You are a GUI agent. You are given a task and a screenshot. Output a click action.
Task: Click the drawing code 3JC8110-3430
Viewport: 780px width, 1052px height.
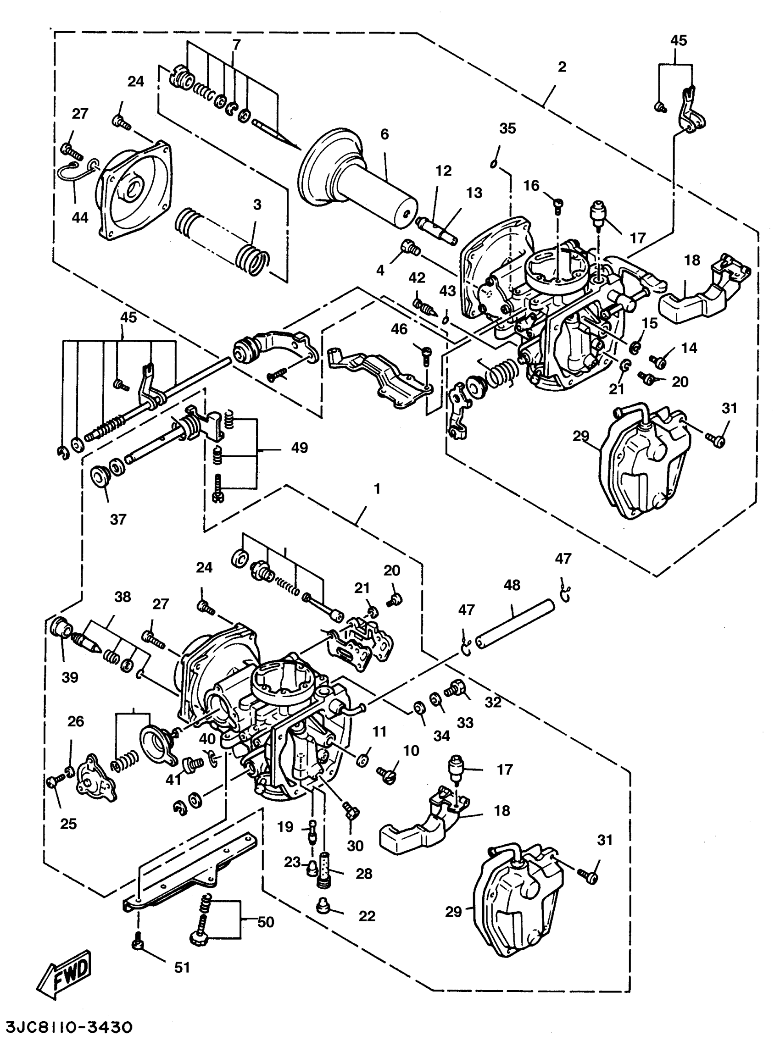click(x=69, y=1027)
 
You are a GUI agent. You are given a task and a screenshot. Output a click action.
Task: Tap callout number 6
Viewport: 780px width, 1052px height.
click(x=385, y=134)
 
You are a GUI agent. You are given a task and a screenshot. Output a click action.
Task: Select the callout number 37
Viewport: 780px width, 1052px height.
click(x=118, y=520)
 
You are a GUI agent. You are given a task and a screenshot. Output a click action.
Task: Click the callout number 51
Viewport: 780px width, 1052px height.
click(x=182, y=968)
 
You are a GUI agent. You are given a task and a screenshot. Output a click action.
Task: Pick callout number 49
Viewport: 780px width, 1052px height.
click(x=299, y=448)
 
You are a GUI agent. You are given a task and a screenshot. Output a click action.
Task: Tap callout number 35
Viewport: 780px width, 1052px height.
click(x=507, y=128)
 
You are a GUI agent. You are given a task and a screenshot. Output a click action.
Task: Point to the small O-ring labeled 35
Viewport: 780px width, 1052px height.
click(x=493, y=163)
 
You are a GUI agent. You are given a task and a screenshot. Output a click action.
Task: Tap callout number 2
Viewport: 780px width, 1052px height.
click(x=562, y=67)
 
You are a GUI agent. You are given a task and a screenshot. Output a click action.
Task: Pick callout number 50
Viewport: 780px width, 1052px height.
click(x=265, y=922)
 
